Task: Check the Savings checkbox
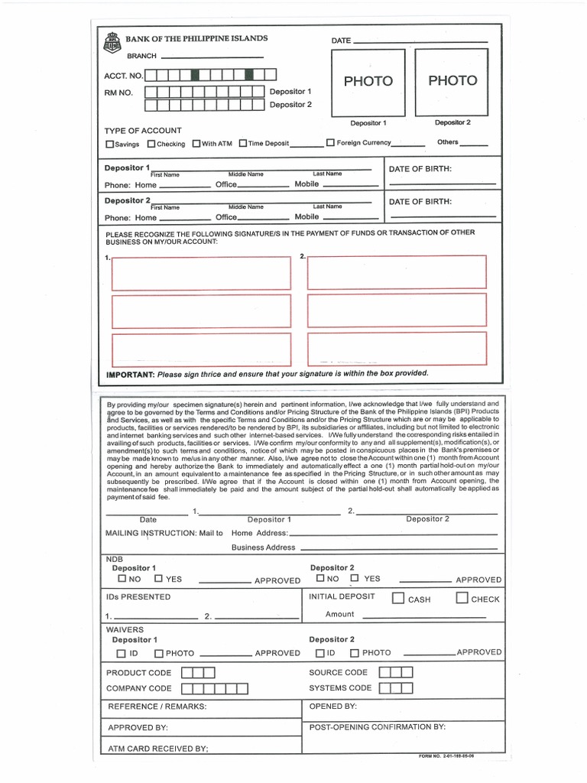pyautogui.click(x=109, y=144)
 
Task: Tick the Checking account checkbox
pyautogui.click(x=151, y=144)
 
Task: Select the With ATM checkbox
pyautogui.click(x=196, y=144)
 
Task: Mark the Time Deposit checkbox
pyautogui.click(x=242, y=144)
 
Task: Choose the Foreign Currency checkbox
pyautogui.click(x=330, y=143)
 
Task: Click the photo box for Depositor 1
pyautogui.click(x=368, y=80)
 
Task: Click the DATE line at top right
pyautogui.click(x=420, y=41)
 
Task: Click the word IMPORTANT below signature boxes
pyautogui.click(x=131, y=374)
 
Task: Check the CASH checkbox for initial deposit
pyautogui.click(x=398, y=599)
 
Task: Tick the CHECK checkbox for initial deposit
pyautogui.click(x=462, y=599)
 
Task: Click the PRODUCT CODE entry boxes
pyautogui.click(x=198, y=673)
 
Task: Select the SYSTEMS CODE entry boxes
pyautogui.click(x=396, y=688)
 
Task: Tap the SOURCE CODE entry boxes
pyautogui.click(x=396, y=672)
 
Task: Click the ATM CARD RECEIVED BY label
pyautogui.click(x=157, y=749)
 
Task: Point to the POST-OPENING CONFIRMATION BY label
pyautogui.click(x=377, y=727)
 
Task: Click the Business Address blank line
pyautogui.click(x=398, y=548)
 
